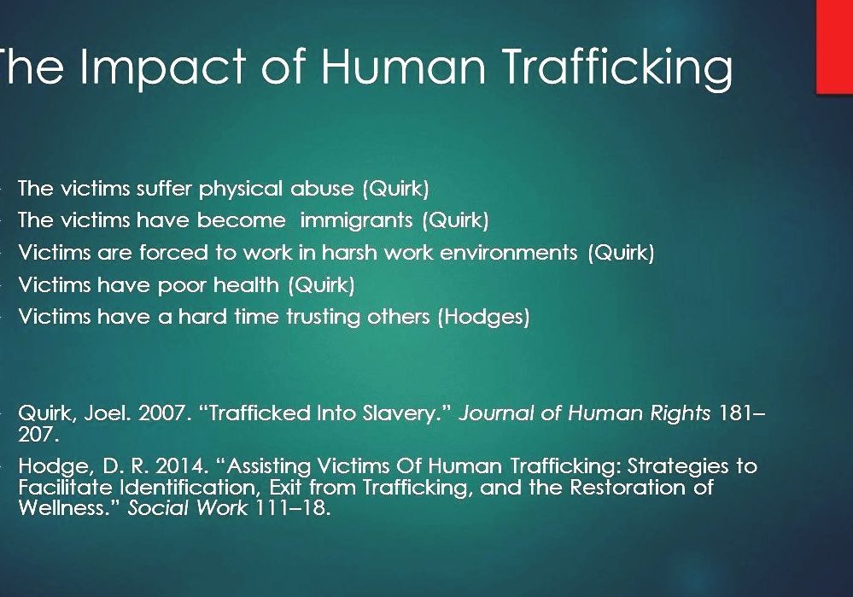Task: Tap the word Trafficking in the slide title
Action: click(616, 67)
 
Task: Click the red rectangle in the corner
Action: click(834, 47)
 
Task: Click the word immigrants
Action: click(356, 219)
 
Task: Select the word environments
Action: click(509, 252)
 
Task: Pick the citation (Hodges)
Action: click(483, 317)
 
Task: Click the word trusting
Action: click(323, 317)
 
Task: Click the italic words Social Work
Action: click(188, 508)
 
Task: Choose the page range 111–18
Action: click(290, 508)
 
